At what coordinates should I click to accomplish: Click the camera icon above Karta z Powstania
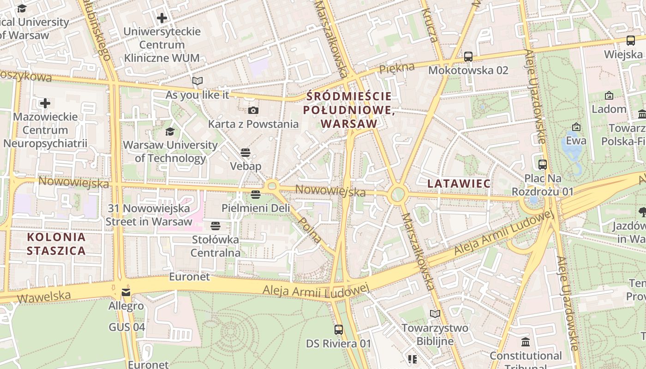tap(253, 110)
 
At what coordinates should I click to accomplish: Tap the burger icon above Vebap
tap(245, 152)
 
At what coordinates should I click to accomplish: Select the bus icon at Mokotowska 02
tap(468, 57)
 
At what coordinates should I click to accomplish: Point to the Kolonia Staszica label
tap(56, 244)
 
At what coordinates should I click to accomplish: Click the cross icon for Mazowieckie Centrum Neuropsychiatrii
tap(45, 103)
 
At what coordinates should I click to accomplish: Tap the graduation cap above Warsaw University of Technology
tap(170, 131)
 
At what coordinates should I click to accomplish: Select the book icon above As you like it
tap(197, 81)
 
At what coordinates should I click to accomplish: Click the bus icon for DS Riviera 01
tap(339, 330)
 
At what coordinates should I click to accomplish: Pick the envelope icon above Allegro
tap(126, 292)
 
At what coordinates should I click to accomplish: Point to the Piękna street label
tap(397, 68)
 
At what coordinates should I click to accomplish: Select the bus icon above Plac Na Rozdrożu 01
tap(543, 164)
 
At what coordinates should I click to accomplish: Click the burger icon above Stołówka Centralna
tap(215, 226)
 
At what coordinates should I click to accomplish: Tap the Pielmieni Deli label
tap(256, 208)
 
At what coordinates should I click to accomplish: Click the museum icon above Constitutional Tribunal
tap(525, 342)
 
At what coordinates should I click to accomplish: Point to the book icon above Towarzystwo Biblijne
tap(435, 314)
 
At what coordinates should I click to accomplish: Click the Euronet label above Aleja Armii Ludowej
tap(189, 277)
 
